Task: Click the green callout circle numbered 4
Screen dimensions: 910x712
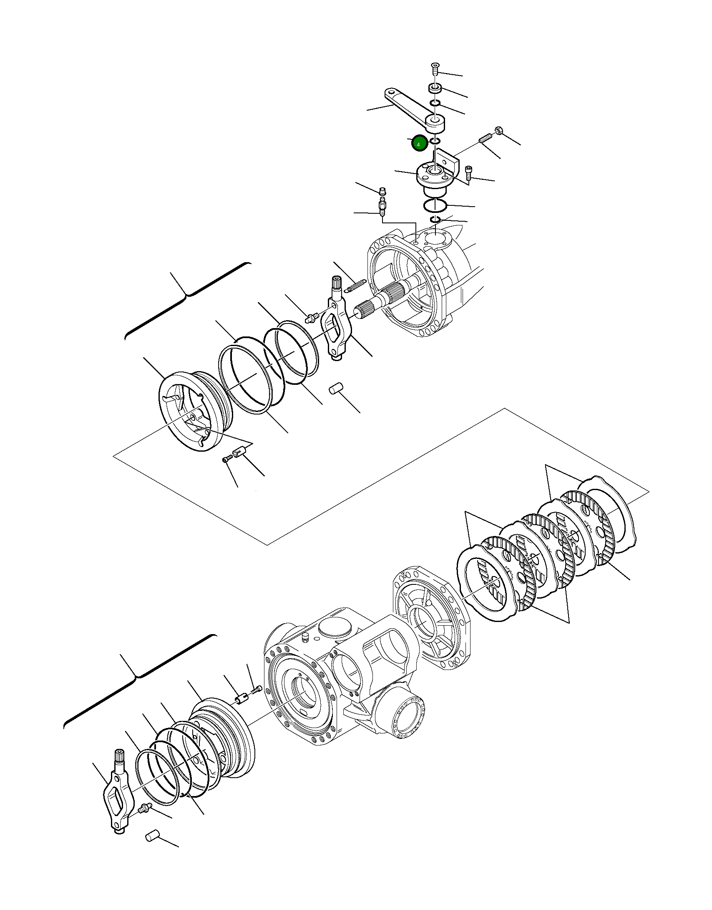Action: click(419, 144)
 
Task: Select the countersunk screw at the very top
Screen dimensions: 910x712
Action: click(435, 67)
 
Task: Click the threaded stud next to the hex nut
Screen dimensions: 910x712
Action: click(485, 139)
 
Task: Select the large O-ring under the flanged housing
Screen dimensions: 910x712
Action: click(435, 206)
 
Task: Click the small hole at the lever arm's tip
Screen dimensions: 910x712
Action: click(391, 92)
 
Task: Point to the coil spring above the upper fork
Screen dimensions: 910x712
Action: click(354, 286)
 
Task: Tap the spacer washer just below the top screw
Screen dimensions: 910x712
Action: click(435, 88)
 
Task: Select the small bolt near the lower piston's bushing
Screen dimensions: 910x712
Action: click(256, 690)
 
